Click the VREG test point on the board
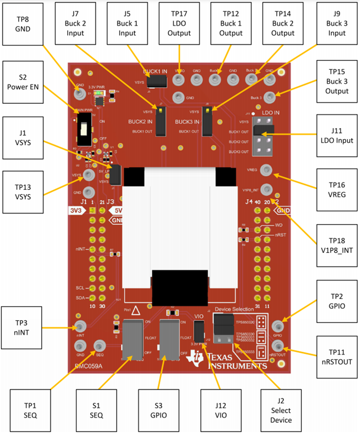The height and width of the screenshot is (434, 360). [x=266, y=171]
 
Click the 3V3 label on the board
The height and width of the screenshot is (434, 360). [x=74, y=210]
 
